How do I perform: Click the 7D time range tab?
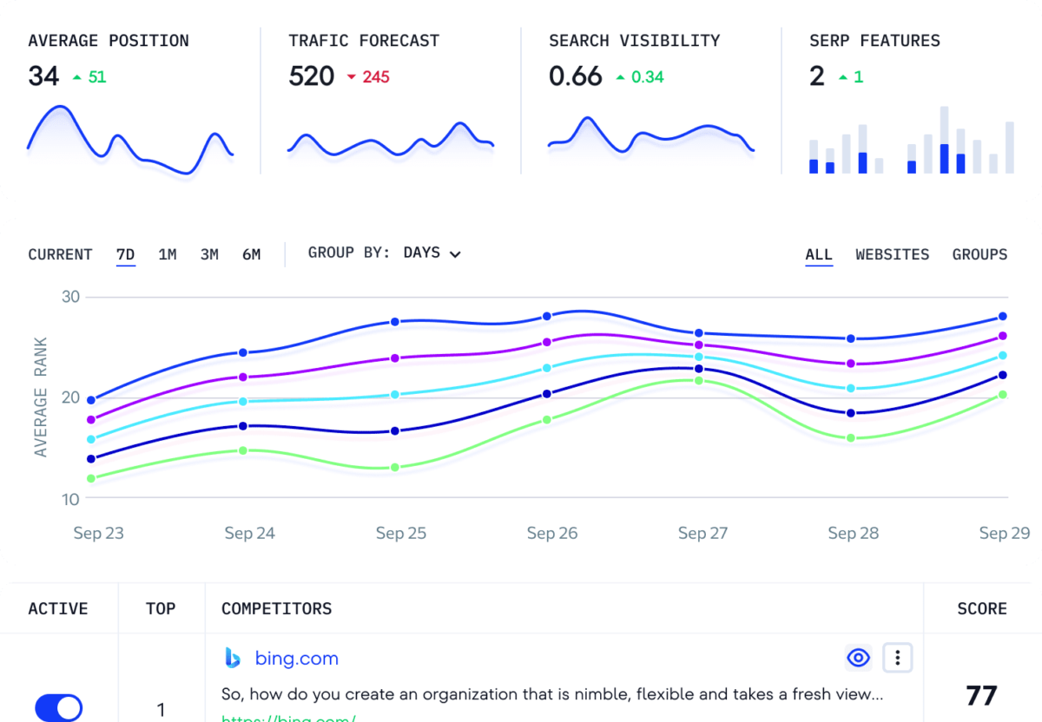[126, 254]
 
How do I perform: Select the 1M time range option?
[168, 254]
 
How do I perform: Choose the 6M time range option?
[251, 254]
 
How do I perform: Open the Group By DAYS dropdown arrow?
[455, 254]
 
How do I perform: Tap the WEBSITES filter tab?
[892, 254]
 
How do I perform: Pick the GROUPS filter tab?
[979, 254]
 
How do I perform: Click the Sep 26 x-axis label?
[552, 533]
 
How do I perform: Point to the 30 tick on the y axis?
[70, 297]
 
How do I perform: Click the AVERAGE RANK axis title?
[41, 397]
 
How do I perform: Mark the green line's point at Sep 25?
[395, 468]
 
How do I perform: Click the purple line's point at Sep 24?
[243, 377]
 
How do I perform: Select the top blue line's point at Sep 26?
[547, 316]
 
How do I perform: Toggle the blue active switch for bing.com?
[58, 707]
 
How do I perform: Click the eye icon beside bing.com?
[858, 659]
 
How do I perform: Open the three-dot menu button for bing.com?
[897, 659]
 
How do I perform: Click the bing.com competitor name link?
[296, 659]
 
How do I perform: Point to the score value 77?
[981, 695]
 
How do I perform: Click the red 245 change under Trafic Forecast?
[376, 77]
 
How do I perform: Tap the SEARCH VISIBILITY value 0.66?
[575, 76]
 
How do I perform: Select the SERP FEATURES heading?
[874, 41]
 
